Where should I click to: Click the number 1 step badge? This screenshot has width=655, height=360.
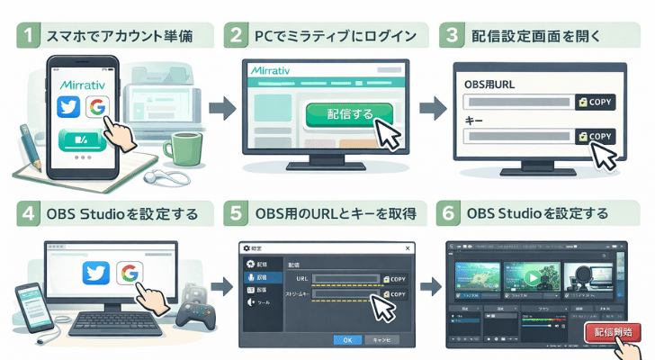30,37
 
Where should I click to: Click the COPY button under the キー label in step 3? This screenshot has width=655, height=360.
597,136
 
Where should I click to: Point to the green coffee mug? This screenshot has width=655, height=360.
187,148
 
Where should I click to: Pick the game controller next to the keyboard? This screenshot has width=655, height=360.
195,311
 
